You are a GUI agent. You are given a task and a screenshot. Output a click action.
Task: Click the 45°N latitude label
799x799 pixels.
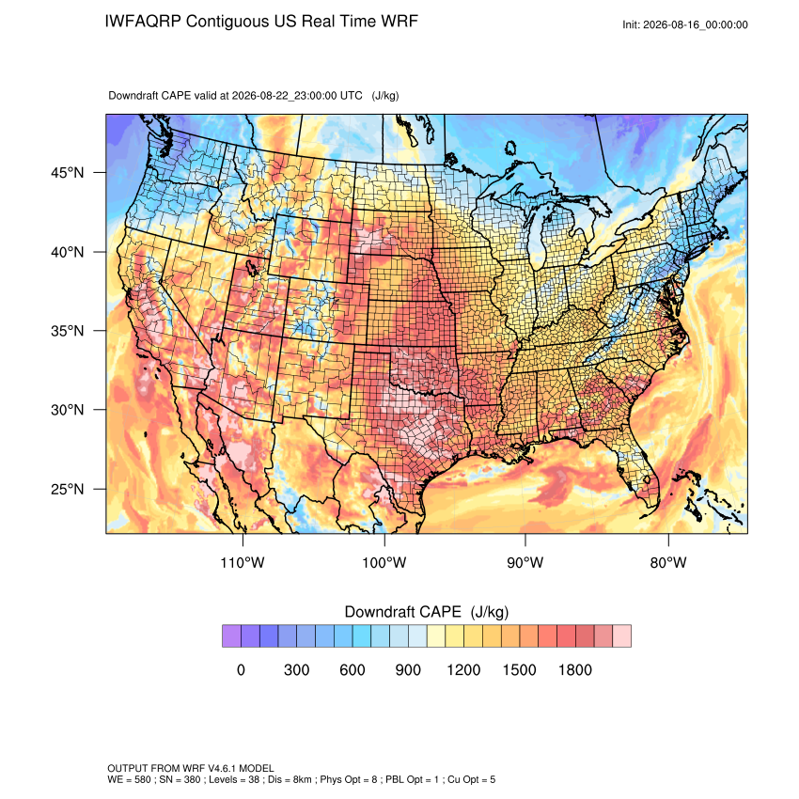68,173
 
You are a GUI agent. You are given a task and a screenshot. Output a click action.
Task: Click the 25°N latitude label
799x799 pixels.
68,489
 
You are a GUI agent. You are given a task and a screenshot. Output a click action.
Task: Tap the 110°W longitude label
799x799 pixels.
243,562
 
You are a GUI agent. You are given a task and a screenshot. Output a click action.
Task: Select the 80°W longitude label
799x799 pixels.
668,562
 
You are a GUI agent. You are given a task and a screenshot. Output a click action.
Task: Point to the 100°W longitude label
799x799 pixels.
384,562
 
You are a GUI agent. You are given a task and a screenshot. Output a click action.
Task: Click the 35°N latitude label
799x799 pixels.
68,331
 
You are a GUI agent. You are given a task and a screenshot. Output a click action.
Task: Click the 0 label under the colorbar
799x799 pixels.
241,669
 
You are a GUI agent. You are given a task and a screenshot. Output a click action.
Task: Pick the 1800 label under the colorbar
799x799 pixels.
574,669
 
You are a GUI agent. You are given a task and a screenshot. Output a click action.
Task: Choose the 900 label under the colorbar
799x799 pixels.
408,669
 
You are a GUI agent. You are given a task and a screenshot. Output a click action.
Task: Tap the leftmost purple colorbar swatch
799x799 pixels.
231,636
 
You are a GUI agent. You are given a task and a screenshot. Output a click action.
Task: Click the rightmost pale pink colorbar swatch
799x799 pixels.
621,636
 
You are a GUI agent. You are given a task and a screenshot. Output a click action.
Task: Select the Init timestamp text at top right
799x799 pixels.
685,24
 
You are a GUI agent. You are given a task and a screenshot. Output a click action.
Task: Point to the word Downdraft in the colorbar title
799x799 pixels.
377,612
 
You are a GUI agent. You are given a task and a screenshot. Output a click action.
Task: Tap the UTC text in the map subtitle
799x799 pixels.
352,95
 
